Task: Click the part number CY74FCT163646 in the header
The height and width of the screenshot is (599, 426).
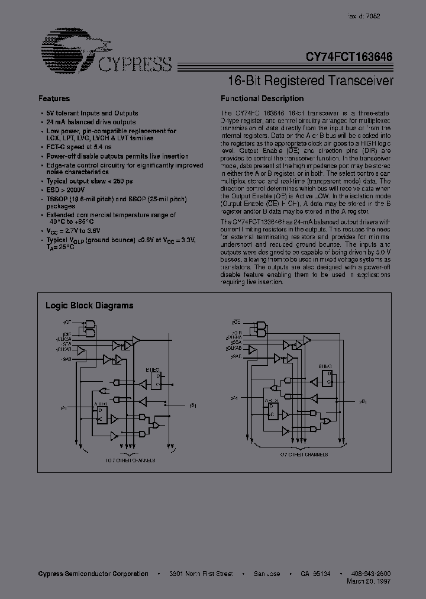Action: pos(350,58)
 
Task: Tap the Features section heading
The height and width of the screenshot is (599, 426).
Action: pos(54,99)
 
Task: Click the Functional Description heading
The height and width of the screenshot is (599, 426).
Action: pos(262,99)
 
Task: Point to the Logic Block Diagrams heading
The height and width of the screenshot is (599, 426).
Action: pos(89,306)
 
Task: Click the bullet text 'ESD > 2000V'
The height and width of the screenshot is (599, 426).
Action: pos(67,190)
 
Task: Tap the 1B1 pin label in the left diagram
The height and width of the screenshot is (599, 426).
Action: pos(193,406)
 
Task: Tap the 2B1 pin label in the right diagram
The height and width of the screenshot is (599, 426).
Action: pos(364,401)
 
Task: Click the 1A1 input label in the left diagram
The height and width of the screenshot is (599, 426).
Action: pos(63,408)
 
